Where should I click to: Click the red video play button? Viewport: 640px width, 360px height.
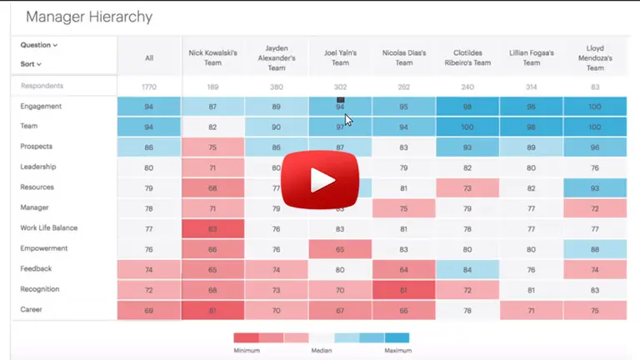319,179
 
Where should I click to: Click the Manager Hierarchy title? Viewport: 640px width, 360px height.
88,16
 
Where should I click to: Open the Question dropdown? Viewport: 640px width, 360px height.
39,45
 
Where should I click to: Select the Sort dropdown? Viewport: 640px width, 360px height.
31,63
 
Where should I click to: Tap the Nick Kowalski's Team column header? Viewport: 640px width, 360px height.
212,57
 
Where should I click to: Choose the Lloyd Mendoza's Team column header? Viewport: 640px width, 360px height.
594,57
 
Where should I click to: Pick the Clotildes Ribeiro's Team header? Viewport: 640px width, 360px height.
467,57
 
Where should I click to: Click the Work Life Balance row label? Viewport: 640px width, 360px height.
49,227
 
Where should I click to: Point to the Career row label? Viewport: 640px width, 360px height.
32,309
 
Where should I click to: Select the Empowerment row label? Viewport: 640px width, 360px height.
44,248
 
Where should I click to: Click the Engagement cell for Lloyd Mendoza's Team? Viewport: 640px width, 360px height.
594,107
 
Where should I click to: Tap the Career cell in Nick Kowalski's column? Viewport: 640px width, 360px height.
212,310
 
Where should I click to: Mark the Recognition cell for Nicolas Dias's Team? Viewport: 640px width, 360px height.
403,289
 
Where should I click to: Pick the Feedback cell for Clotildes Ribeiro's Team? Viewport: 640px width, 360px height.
467,269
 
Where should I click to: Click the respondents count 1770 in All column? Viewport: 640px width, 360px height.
149,87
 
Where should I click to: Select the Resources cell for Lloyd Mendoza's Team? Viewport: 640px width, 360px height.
594,187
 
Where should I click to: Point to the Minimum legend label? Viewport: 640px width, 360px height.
247,351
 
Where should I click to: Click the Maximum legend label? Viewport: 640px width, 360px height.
397,351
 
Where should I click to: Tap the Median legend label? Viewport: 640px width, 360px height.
322,351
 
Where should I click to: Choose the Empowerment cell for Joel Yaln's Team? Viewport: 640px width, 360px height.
340,248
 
